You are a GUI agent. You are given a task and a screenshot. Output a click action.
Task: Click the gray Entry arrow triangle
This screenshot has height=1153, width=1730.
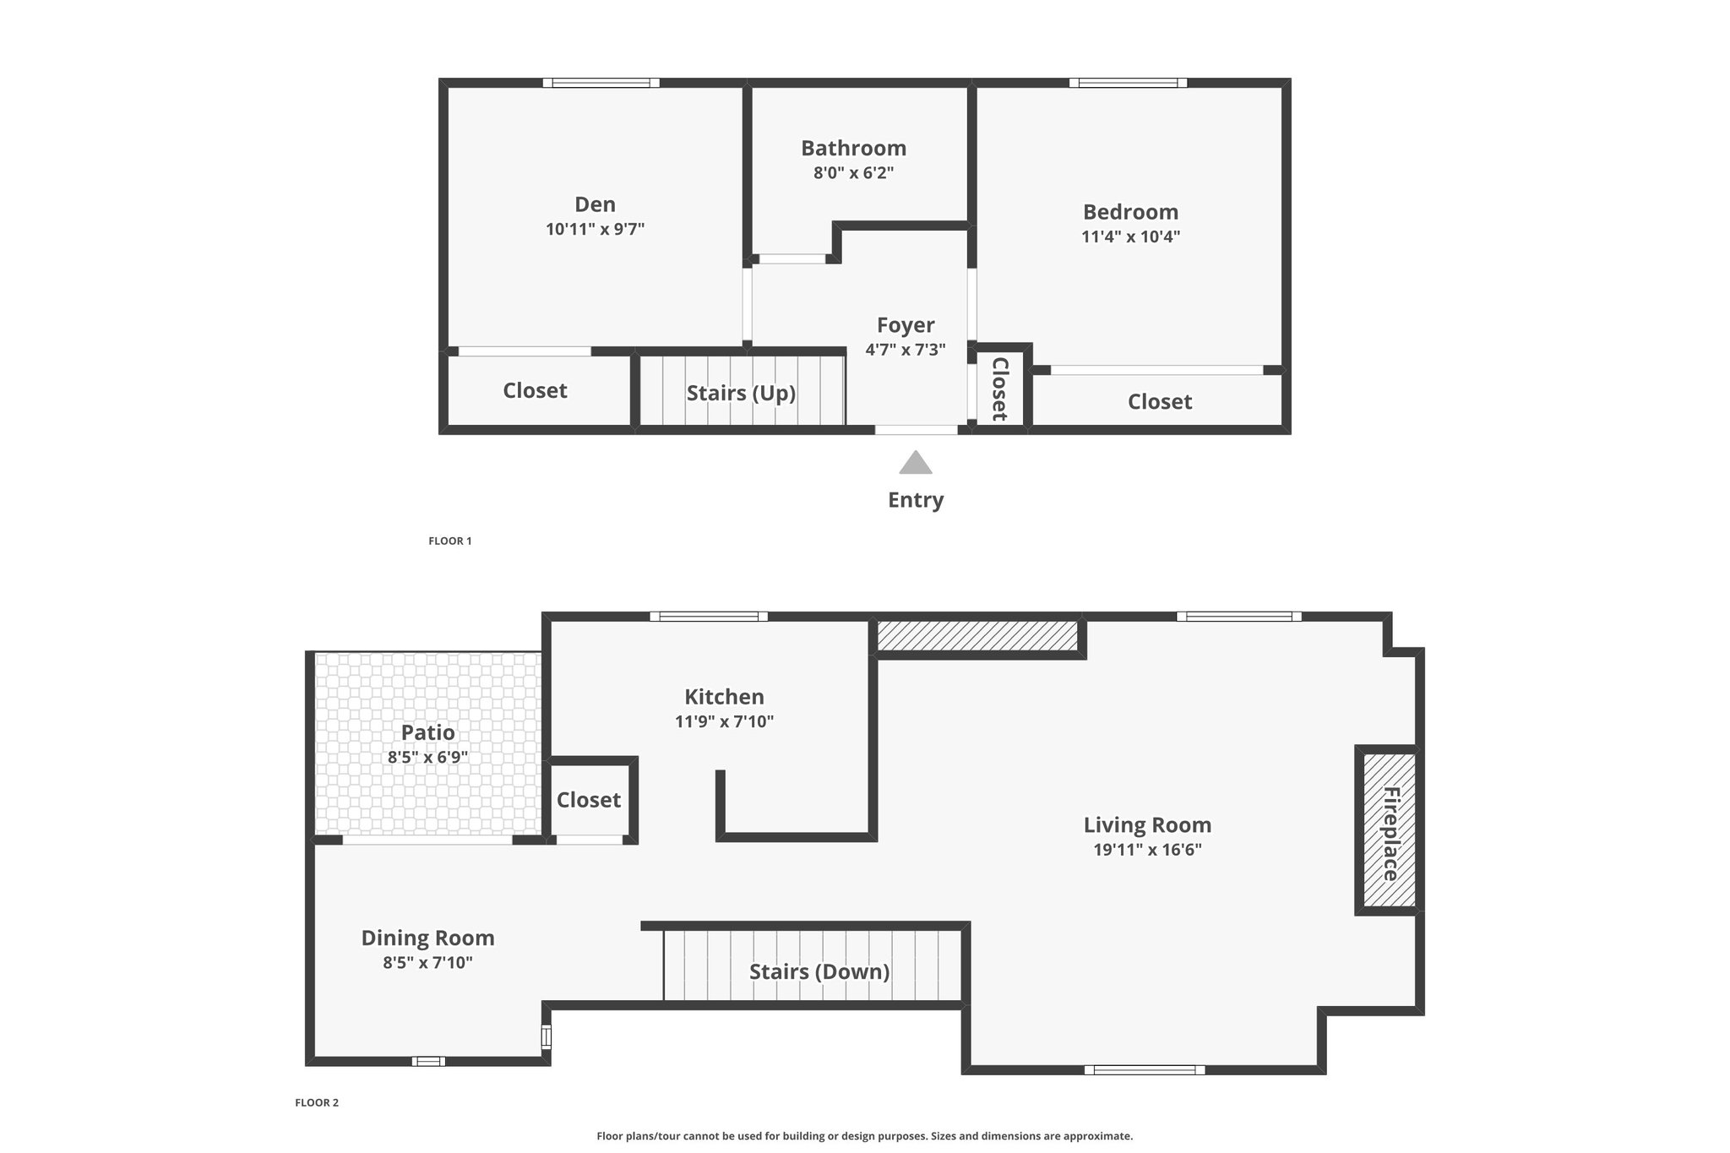click(916, 463)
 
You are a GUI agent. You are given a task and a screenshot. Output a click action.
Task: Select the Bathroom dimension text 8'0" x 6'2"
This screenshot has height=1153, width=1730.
click(853, 173)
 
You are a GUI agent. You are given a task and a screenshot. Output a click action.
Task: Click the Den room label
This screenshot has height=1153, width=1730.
click(595, 204)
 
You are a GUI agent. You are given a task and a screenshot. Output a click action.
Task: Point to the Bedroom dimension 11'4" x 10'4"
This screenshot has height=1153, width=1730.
click(1130, 237)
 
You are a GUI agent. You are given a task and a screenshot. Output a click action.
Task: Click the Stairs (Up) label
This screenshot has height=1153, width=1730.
click(741, 393)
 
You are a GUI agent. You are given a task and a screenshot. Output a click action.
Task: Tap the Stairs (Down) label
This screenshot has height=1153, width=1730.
click(819, 971)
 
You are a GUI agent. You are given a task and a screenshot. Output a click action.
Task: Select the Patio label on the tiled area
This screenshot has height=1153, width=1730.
click(427, 732)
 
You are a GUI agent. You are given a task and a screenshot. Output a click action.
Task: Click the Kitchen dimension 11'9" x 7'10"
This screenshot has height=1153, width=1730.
click(724, 722)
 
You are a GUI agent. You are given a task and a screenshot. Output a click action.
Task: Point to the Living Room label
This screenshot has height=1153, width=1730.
click(1147, 825)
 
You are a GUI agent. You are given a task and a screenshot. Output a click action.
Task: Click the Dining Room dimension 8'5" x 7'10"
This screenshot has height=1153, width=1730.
click(427, 963)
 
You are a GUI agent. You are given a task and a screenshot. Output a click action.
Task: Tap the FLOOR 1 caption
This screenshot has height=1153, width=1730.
click(449, 541)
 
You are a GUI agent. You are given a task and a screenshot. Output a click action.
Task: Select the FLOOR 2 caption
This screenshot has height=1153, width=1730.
click(317, 1103)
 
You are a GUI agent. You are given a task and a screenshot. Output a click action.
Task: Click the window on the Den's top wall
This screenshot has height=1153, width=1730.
click(601, 83)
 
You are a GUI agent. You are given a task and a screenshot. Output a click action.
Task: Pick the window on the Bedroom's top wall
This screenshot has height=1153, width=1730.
click(1128, 83)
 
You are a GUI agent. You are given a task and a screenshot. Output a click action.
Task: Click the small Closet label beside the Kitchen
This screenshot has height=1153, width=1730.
click(589, 800)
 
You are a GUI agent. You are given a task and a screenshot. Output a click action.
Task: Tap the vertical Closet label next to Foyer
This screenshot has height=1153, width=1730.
click(999, 389)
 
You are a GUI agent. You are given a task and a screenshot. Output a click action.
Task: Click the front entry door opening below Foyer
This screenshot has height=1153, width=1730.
click(917, 430)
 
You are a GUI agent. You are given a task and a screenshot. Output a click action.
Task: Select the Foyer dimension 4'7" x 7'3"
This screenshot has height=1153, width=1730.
click(906, 350)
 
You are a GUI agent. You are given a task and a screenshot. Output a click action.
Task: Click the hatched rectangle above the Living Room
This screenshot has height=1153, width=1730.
click(978, 636)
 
